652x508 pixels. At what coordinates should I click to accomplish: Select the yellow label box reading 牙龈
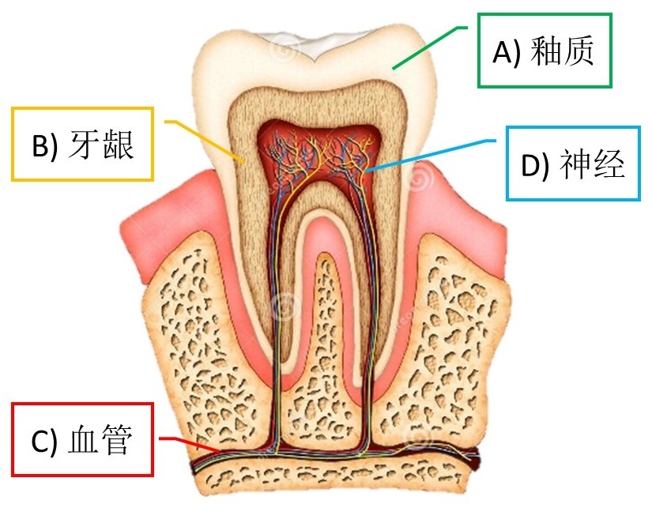pos(83,144)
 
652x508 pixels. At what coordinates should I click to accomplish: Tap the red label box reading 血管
pos(82,439)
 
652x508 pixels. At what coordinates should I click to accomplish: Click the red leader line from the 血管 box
pos(190,442)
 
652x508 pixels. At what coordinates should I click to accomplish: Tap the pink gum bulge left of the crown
pos(170,213)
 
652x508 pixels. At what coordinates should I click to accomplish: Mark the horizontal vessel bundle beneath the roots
pos(332,457)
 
